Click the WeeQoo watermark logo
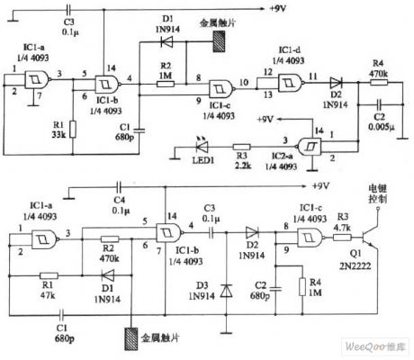click(378, 346)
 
